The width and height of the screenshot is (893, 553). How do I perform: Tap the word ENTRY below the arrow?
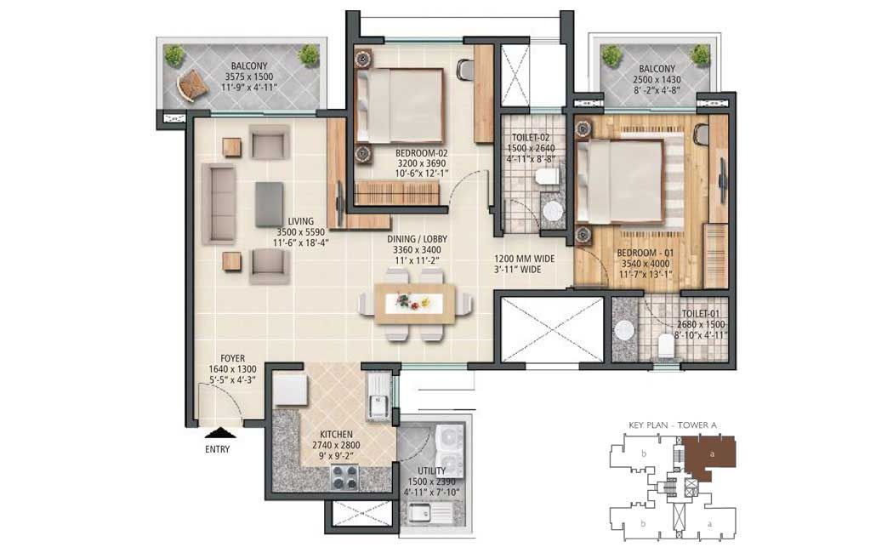pyautogui.click(x=218, y=449)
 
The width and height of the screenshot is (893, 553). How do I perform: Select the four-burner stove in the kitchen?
pyautogui.click(x=345, y=476)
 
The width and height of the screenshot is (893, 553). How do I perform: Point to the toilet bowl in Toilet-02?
pyautogui.click(x=548, y=177)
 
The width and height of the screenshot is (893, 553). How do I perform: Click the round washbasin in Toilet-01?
pyautogui.click(x=625, y=330)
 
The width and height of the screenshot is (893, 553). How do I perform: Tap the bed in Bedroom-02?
pyautogui.click(x=399, y=105)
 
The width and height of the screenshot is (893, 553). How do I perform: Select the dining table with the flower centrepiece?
pyautogui.click(x=415, y=304)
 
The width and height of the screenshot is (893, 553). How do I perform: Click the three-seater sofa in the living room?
pyautogui.click(x=219, y=204)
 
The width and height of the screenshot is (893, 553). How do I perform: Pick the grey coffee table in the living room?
pyautogui.click(x=269, y=204)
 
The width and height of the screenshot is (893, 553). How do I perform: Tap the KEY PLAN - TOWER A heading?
pyautogui.click(x=672, y=425)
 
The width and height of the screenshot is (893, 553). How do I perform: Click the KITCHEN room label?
pyautogui.click(x=336, y=435)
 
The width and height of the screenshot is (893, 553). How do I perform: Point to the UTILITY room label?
pyautogui.click(x=432, y=471)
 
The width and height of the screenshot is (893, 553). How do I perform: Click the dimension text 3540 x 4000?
pyautogui.click(x=646, y=264)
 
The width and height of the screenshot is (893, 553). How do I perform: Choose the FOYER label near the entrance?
pyautogui.click(x=232, y=358)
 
